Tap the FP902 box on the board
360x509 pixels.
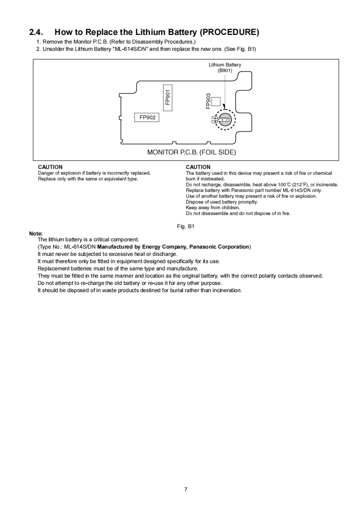147,117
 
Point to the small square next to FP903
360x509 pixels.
216,101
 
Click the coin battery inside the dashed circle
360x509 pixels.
226,120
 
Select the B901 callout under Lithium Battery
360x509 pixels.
225,71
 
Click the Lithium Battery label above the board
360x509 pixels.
225,65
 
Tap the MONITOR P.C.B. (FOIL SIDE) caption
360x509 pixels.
191,152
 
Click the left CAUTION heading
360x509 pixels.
50,167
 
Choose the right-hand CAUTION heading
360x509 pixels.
198,167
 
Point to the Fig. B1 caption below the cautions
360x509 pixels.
186,226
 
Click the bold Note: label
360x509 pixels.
36,234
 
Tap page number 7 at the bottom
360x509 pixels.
186,489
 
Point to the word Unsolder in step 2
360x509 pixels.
54,49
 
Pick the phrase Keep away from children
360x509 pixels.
212,208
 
